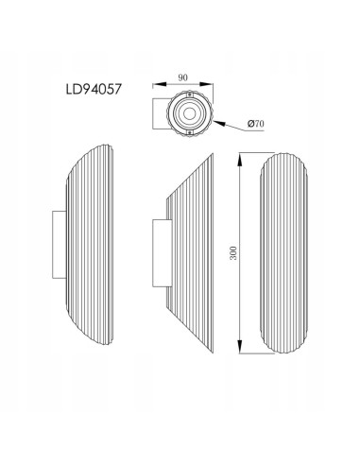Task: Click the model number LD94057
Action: point(94,89)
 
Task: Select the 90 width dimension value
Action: point(182,77)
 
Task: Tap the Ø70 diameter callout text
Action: point(256,124)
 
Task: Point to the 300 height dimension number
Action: point(233,252)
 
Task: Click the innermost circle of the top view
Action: point(190,113)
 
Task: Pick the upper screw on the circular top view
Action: point(190,95)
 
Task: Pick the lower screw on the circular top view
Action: point(190,133)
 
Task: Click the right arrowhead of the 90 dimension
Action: point(206,84)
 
